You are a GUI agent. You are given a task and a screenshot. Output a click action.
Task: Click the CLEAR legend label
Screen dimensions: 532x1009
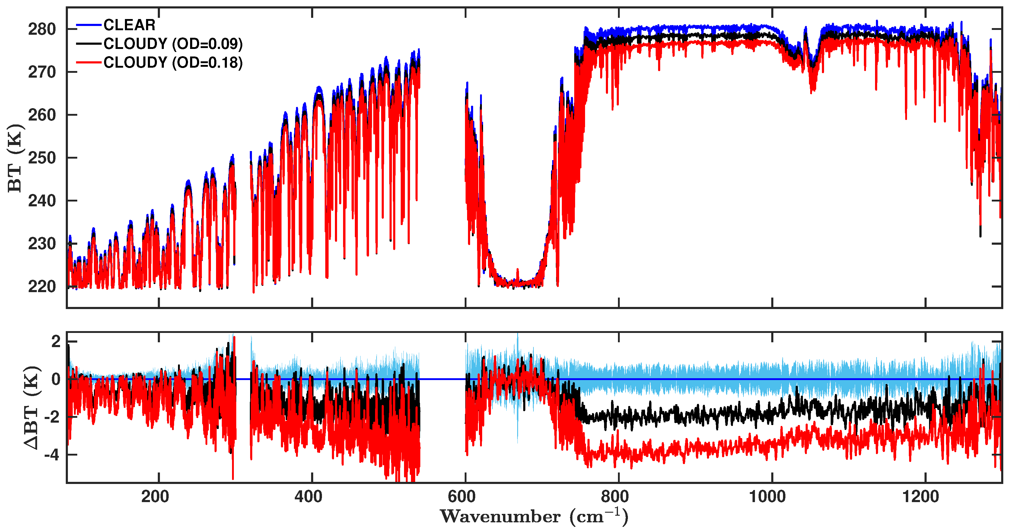tap(129, 25)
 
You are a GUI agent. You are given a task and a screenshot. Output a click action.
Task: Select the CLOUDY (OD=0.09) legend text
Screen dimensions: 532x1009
tap(173, 44)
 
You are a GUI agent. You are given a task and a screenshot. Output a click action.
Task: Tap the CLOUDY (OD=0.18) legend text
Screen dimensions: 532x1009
tap(173, 63)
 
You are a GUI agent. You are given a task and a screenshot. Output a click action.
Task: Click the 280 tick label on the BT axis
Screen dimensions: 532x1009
tap(42, 29)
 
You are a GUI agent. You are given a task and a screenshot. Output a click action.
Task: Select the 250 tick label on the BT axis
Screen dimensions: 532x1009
tap(42, 158)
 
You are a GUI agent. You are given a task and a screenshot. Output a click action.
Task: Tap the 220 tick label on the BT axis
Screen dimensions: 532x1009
tap(42, 287)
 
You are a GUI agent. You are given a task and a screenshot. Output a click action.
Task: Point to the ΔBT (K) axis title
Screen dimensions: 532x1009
tap(31, 408)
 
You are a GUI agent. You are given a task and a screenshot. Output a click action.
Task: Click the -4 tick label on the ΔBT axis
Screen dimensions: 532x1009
tap(52, 455)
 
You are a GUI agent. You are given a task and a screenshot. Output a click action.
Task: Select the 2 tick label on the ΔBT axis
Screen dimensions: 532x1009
tap(56, 342)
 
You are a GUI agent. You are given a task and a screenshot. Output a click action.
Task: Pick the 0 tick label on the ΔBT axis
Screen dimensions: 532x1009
tap(56, 379)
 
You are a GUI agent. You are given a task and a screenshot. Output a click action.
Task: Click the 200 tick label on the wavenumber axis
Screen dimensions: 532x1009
tap(155, 497)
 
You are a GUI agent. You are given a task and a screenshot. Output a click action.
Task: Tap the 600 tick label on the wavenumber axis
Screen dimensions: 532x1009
tap(462, 497)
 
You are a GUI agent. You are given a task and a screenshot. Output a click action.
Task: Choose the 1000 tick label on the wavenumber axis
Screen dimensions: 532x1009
tap(768, 497)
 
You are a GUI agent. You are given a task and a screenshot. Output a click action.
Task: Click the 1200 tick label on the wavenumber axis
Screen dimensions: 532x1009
tap(921, 497)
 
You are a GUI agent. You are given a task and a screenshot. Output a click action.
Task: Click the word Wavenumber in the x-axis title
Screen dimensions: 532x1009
tap(500, 517)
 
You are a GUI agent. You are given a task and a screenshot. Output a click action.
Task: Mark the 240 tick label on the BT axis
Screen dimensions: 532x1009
tap(42, 201)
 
